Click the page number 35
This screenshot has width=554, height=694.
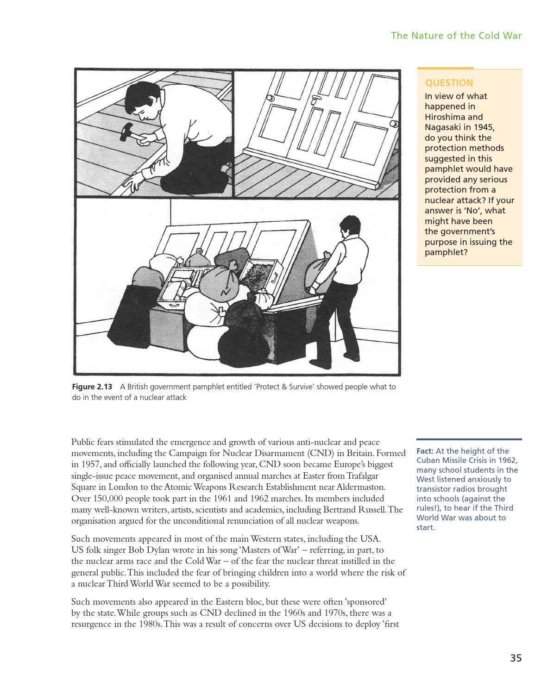(516, 658)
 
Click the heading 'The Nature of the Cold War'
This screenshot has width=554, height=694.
(456, 36)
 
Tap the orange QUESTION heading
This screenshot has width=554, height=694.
(449, 83)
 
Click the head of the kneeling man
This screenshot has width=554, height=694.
(138, 101)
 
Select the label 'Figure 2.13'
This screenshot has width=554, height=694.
(92, 387)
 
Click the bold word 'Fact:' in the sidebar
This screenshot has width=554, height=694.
(425, 451)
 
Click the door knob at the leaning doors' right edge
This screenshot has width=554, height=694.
(394, 124)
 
